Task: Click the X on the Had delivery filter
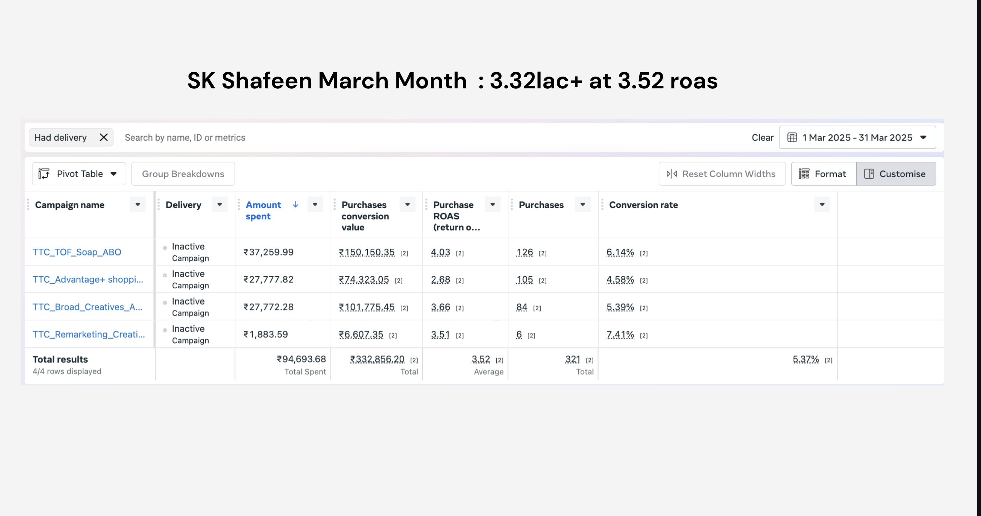[104, 137]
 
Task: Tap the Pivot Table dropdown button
[79, 174]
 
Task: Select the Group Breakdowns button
[183, 174]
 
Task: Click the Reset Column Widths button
[722, 174]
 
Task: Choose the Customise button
[896, 174]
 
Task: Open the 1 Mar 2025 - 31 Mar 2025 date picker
[858, 137]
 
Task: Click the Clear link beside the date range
[762, 137]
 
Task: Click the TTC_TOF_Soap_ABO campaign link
[77, 252]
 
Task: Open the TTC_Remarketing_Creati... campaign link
[89, 334]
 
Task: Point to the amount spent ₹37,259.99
[268, 252]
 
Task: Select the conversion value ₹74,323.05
[364, 279]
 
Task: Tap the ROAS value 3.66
[441, 307]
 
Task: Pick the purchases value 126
[525, 252]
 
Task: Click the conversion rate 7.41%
[620, 334]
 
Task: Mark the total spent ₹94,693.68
[301, 359]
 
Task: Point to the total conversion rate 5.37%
[806, 359]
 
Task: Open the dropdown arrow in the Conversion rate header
[822, 204]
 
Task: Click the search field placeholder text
[185, 137]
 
